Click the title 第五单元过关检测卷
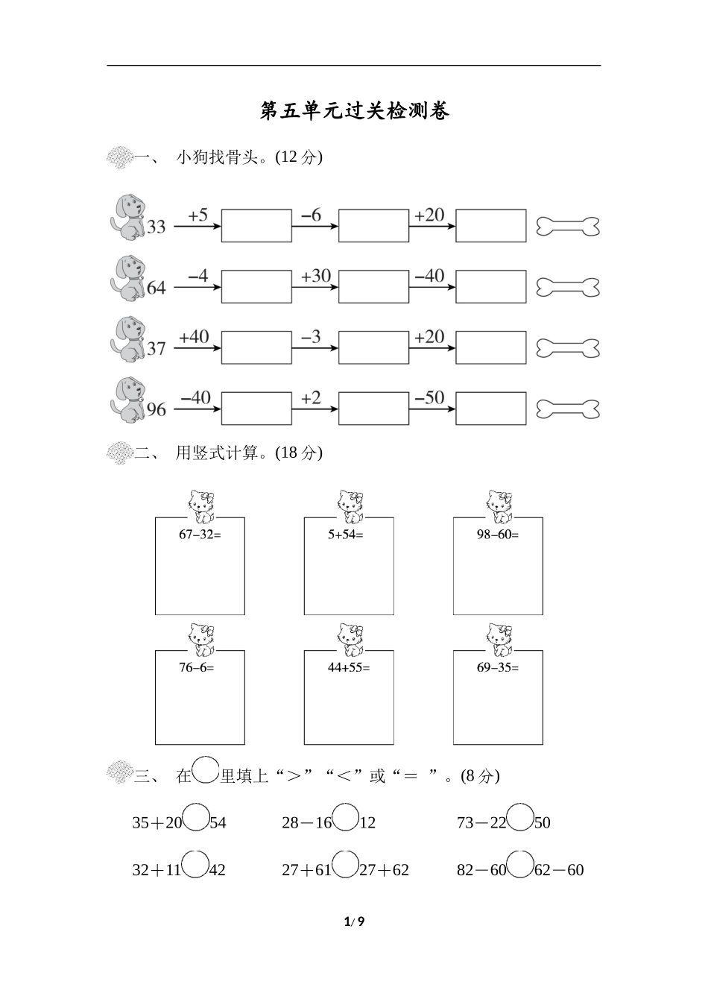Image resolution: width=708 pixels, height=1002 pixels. (x=354, y=111)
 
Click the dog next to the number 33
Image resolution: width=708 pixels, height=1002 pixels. (x=128, y=217)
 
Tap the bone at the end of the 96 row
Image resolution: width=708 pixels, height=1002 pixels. (x=568, y=409)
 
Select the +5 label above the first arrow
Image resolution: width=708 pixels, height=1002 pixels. (x=197, y=215)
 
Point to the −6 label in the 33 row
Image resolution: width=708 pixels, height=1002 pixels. (x=311, y=215)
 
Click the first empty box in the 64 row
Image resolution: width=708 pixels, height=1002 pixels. (x=256, y=287)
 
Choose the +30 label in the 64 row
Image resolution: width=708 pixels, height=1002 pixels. (x=315, y=277)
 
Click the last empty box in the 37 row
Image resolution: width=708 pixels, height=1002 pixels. (x=490, y=347)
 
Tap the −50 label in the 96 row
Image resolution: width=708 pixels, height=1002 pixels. (x=429, y=398)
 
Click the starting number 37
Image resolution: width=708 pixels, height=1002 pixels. (x=156, y=348)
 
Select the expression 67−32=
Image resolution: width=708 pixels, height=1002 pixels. (x=200, y=534)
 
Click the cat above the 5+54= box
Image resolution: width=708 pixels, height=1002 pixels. (x=349, y=506)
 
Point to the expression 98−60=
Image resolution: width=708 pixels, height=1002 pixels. (x=498, y=534)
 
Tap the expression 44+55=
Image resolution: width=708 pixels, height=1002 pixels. (x=349, y=667)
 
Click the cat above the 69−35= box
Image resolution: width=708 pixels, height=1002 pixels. (x=498, y=640)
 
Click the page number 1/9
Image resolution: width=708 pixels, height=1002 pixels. (x=354, y=921)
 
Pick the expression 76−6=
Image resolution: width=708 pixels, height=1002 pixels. (x=196, y=667)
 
